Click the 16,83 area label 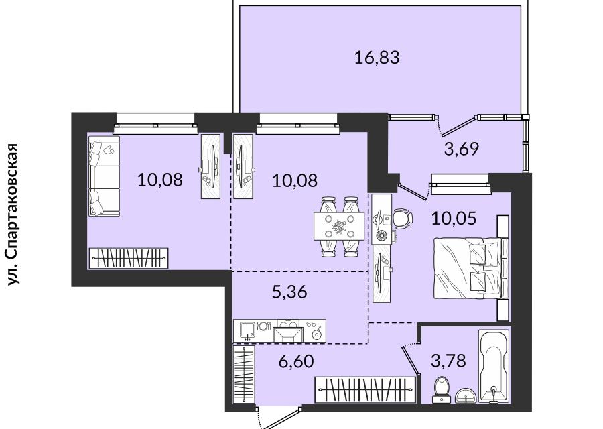[377, 58]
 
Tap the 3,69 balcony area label [462, 149]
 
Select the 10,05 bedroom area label [454, 218]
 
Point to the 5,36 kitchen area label [289, 292]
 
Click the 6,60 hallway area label [296, 361]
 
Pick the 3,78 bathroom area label [448, 361]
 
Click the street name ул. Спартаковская [13, 214]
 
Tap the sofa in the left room [105, 176]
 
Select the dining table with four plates [339, 227]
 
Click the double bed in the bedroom [471, 268]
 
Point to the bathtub [493, 366]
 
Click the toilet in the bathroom [442, 389]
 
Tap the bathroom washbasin [466, 396]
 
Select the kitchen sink [247, 330]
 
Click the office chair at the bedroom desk [402, 218]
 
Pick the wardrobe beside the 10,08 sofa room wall [129, 258]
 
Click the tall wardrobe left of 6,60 [244, 374]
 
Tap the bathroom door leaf [410, 359]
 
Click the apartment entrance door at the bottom [279, 419]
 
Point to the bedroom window [461, 184]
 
